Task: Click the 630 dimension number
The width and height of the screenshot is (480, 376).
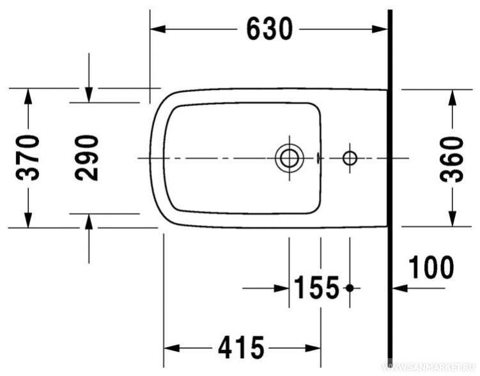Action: [269, 29]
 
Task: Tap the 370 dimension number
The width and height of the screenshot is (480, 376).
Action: [28, 158]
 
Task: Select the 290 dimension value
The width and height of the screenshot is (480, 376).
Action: [87, 158]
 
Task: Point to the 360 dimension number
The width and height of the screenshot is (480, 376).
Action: [452, 159]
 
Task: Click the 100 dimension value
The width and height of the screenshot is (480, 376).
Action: [431, 267]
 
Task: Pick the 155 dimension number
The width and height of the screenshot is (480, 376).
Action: [316, 287]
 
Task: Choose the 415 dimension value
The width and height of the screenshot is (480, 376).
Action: [241, 347]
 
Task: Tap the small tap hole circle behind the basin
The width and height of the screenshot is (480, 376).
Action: [350, 159]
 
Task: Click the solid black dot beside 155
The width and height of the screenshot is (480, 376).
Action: [350, 288]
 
